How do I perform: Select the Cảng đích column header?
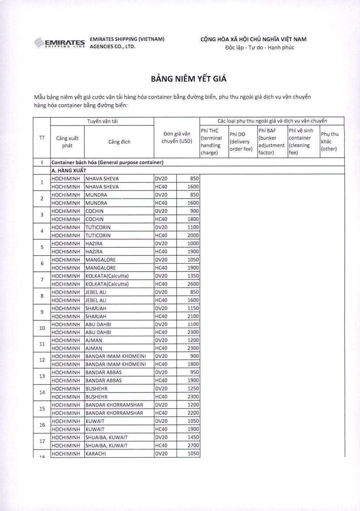(119, 142)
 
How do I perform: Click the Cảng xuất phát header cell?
(67, 142)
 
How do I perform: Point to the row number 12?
(42, 360)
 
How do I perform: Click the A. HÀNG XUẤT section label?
(69, 170)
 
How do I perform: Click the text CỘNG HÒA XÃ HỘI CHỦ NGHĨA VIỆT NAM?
(253, 39)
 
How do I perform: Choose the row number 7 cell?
(42, 280)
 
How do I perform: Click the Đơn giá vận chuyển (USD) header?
(177, 138)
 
